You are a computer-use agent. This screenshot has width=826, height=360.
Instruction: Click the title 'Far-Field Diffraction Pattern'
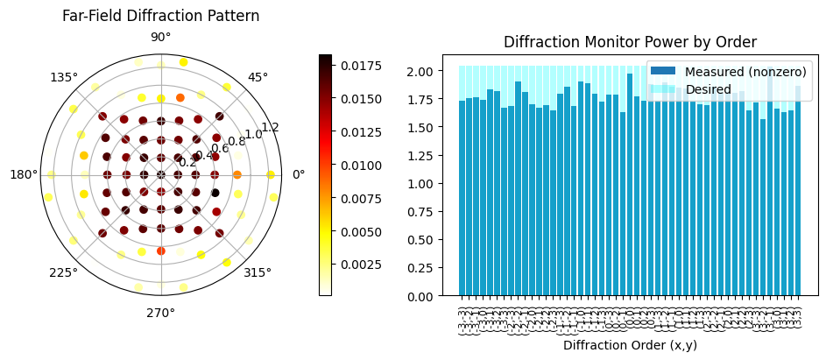(160, 16)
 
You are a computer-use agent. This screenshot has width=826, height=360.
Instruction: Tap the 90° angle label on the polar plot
(160, 37)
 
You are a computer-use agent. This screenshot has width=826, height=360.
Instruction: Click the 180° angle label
(23, 174)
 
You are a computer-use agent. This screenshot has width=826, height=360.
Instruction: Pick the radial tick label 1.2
(270, 127)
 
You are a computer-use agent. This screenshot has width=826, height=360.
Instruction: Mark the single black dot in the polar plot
(215, 193)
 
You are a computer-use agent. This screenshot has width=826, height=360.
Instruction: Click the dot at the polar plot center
(160, 174)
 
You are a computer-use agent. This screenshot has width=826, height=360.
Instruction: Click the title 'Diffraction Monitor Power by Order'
(630, 42)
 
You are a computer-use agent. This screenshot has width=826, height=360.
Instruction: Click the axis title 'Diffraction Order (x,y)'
(630, 345)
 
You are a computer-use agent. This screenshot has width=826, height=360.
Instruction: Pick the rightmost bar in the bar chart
(797, 191)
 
